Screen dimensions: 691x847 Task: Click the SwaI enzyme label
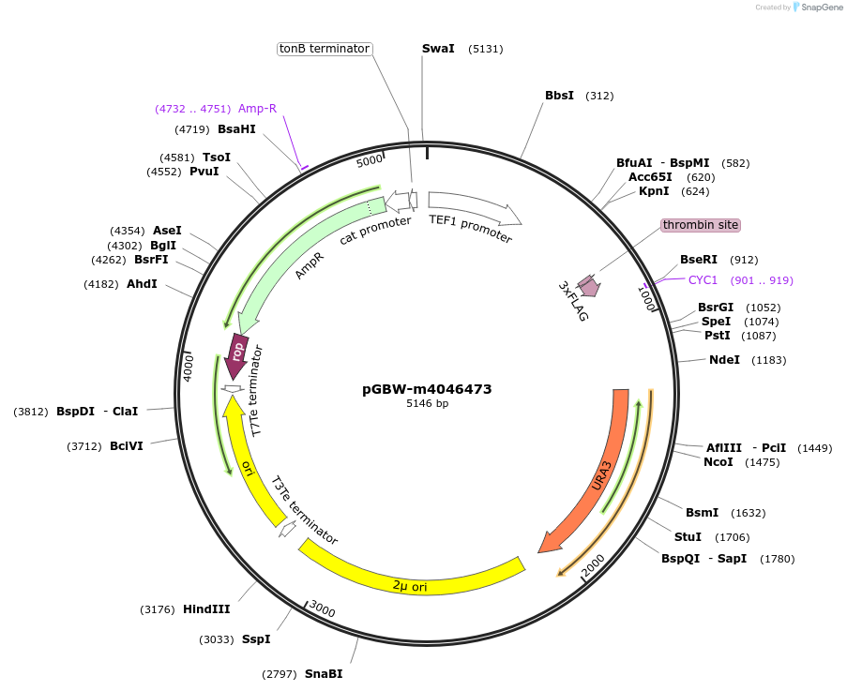pos(438,49)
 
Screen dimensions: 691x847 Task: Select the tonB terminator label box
pos(325,49)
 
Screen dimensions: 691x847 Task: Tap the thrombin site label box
pos(700,225)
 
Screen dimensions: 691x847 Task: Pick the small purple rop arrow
pos(238,357)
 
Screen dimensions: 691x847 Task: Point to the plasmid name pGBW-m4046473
pos(427,389)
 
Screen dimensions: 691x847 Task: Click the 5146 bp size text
pos(427,404)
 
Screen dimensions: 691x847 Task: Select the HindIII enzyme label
pos(206,609)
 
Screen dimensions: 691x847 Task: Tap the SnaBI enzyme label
pos(324,673)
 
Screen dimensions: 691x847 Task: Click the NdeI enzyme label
pos(724,360)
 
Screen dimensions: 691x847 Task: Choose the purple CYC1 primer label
pos(703,279)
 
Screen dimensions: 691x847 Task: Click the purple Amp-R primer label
pos(257,109)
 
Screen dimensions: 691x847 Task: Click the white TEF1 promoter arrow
pos(474,210)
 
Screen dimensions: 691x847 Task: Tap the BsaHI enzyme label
pos(236,129)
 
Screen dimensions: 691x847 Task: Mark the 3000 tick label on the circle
pos(322,608)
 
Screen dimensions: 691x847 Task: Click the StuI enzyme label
pos(688,537)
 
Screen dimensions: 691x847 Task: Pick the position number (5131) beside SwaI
pos(485,49)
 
